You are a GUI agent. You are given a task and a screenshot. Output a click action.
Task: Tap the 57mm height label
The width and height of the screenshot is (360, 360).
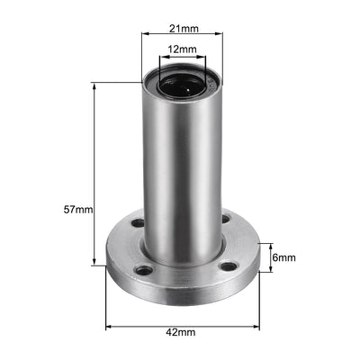(78, 209)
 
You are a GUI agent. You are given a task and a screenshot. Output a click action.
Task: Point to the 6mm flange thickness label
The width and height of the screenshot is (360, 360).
(284, 257)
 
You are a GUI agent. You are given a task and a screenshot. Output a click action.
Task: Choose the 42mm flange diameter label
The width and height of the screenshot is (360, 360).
(181, 332)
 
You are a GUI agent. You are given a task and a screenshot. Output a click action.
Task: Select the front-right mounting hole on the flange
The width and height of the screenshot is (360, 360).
(229, 266)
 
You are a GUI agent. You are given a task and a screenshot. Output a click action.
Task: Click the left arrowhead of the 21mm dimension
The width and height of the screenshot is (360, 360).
(143, 37)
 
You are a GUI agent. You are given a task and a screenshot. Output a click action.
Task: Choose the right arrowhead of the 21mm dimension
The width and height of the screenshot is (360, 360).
(220, 37)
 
